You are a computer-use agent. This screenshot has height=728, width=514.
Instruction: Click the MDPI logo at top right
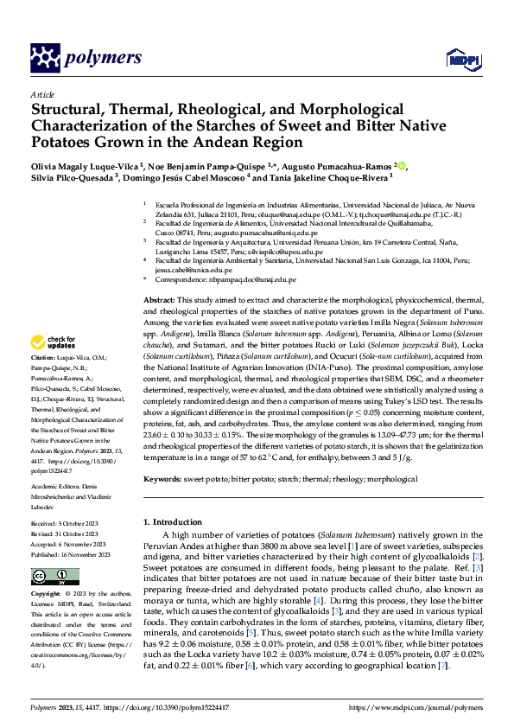point(460,59)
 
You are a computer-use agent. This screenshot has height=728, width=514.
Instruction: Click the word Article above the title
point(41,93)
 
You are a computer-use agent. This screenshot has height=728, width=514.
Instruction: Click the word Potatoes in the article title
point(69,142)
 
